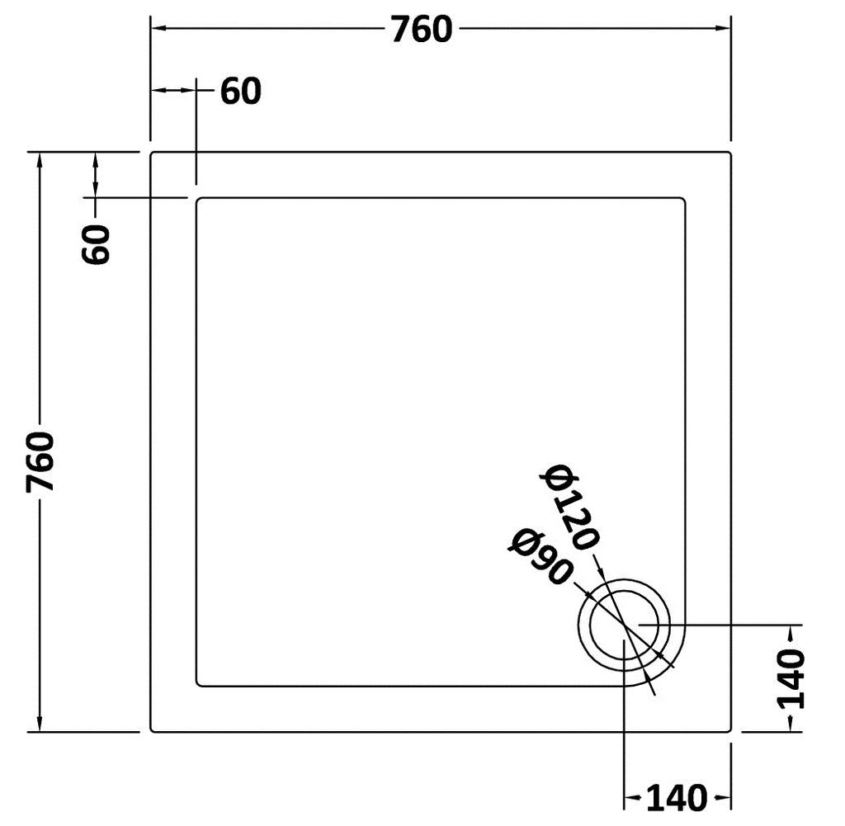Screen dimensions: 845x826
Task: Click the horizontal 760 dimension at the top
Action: [422, 30]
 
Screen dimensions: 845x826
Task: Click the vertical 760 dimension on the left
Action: [40, 462]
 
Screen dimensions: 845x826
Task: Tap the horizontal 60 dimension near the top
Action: [241, 91]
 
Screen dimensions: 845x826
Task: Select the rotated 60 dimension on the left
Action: [96, 244]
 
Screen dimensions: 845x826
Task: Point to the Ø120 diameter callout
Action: [569, 507]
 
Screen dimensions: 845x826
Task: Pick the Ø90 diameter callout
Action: [541, 557]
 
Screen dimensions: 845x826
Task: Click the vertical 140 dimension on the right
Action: [791, 678]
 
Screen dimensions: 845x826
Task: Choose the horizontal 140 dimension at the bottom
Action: [677, 797]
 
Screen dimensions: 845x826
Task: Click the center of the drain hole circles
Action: [624, 625]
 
